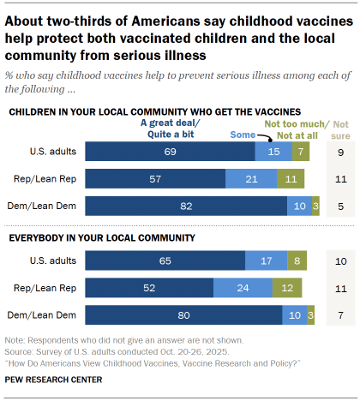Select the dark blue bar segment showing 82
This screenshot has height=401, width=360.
coord(186,205)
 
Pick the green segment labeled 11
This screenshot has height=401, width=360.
coord(291,178)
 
